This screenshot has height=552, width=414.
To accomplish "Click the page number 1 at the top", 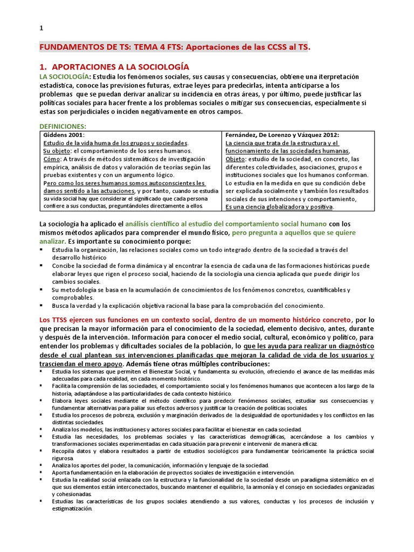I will (42, 29).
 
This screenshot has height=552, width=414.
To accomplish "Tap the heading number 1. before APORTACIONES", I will (45, 67).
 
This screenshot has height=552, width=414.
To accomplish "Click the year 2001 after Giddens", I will (76, 135).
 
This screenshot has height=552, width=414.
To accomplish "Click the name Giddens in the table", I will (55, 135).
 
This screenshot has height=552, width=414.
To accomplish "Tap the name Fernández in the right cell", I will (244, 135).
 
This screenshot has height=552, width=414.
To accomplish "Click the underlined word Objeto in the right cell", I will (235, 159).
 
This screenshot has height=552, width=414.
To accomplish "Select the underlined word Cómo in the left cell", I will (52, 159).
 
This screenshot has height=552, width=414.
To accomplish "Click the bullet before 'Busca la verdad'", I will (43, 306).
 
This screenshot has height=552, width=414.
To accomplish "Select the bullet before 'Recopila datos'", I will (43, 450).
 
